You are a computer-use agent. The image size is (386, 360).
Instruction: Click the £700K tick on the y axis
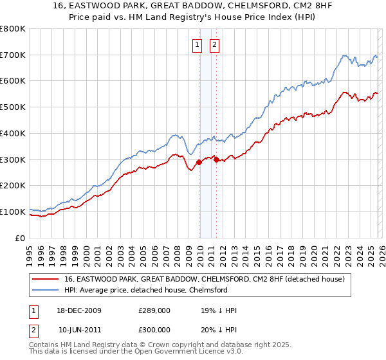pyautogui.click(x=14, y=55)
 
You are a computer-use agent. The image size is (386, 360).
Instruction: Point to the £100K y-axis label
pyautogui.click(x=14, y=212)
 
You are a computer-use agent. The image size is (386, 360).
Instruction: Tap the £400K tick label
pyautogui.click(x=14, y=133)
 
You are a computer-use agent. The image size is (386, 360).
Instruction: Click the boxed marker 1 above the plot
pyautogui.click(x=197, y=45)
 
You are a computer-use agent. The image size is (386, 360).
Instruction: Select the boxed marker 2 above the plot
pyautogui.click(x=214, y=45)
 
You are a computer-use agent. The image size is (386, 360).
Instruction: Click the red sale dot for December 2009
pyautogui.click(x=199, y=162)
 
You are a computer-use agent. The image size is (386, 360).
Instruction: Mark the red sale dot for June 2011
pyautogui.click(x=216, y=159)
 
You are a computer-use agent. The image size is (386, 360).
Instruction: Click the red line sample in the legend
pyautogui.click(x=46, y=279)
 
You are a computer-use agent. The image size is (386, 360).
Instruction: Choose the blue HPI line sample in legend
pyautogui.click(x=46, y=290)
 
